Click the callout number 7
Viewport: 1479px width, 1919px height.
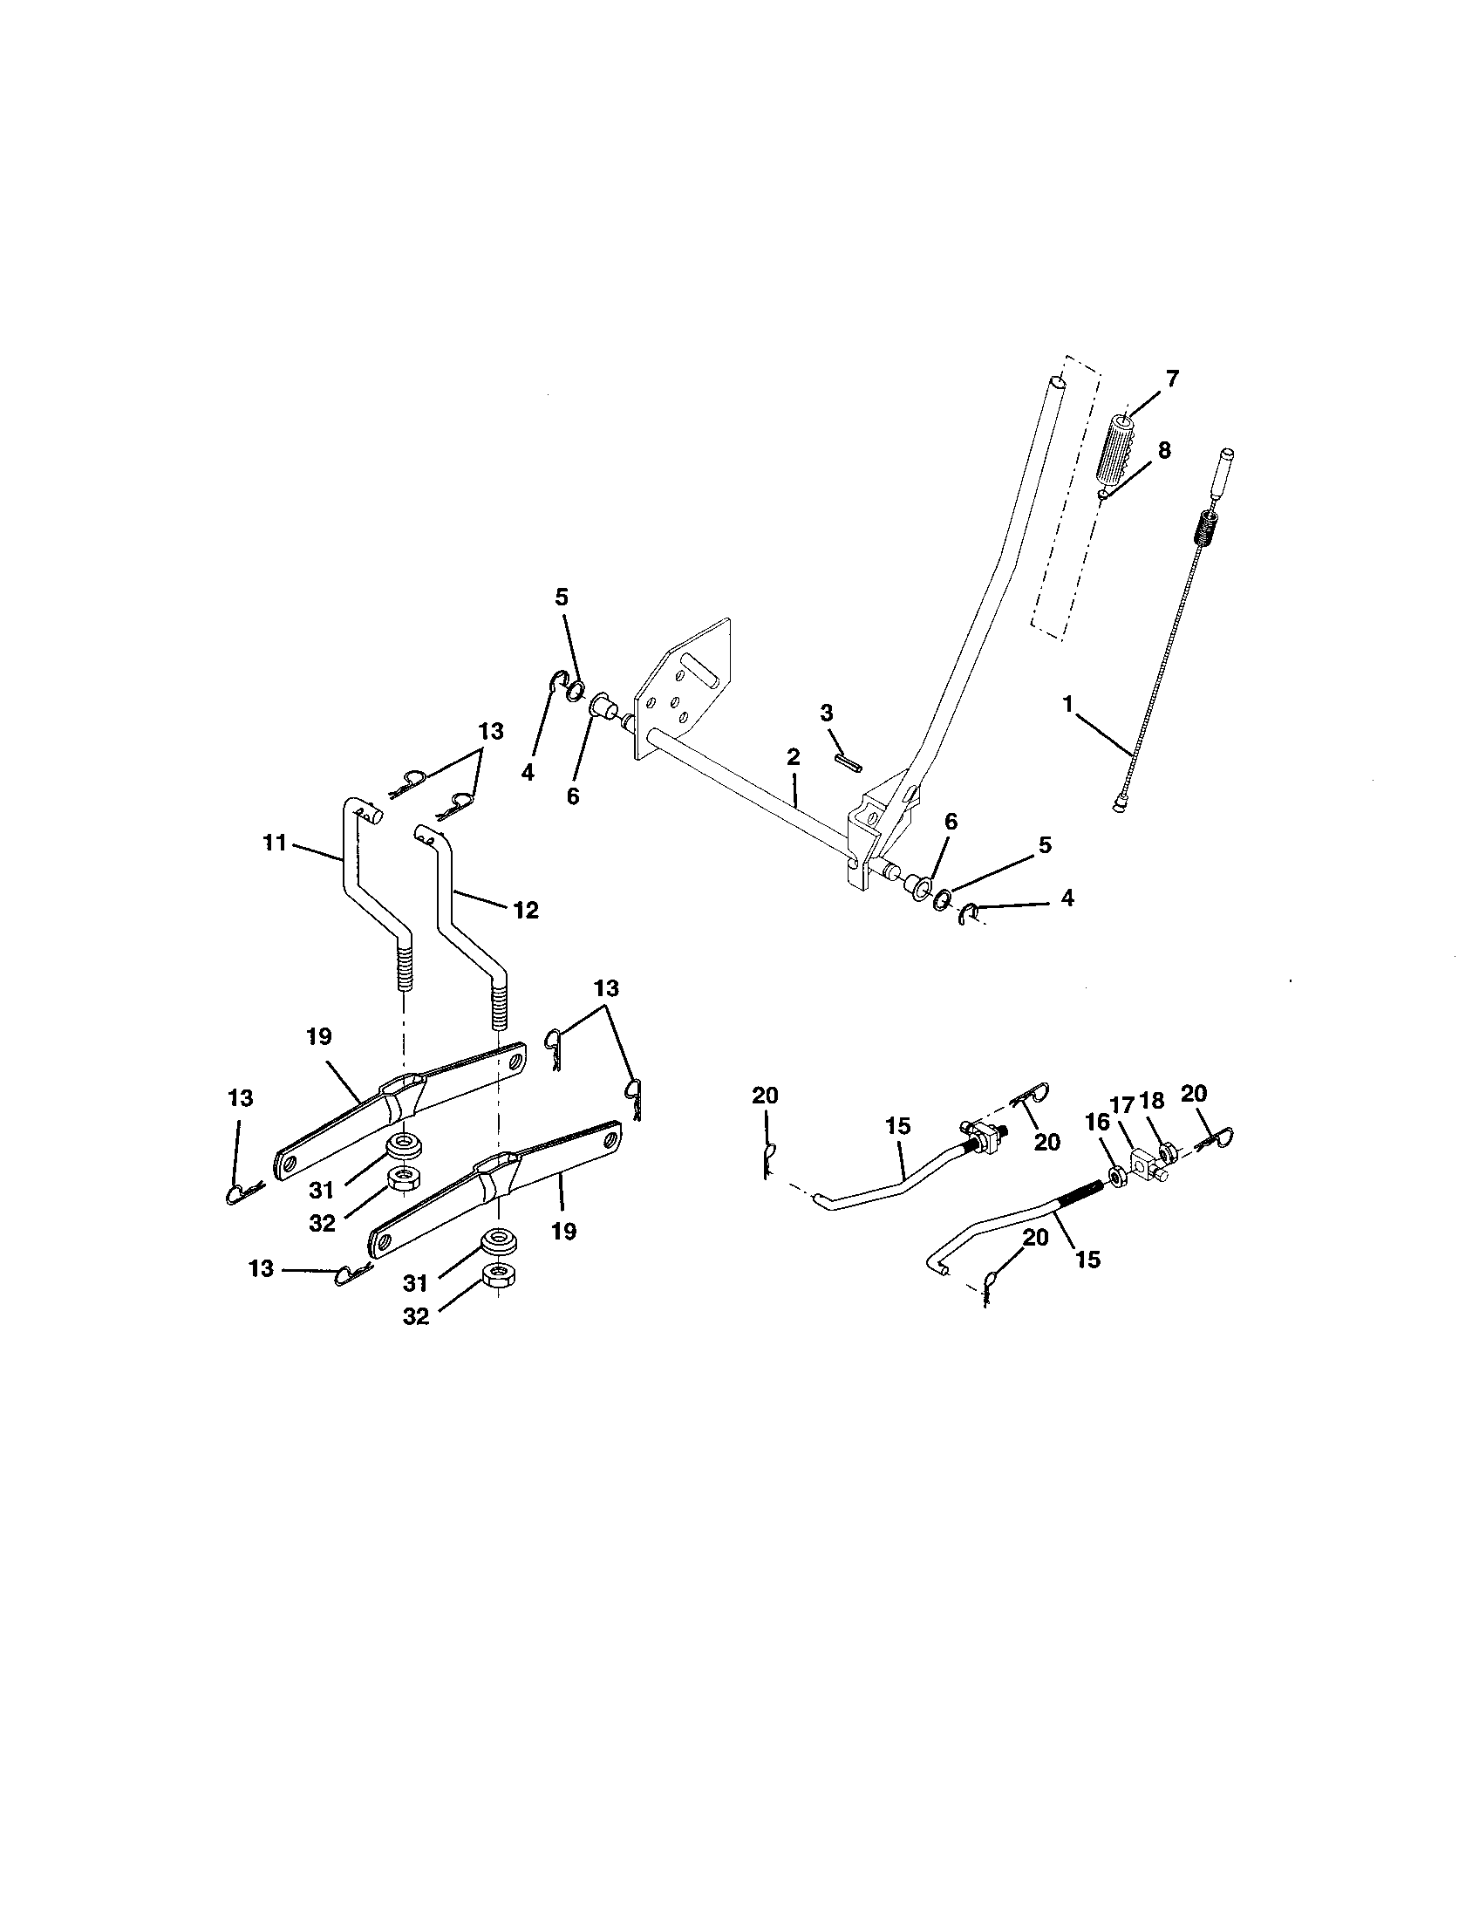pyautogui.click(x=1173, y=379)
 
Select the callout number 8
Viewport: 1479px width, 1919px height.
pyautogui.click(x=1163, y=451)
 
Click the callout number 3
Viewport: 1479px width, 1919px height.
pyautogui.click(x=827, y=713)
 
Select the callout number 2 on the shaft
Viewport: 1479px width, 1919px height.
pyautogui.click(x=793, y=756)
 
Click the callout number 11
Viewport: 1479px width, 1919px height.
pyautogui.click(x=276, y=843)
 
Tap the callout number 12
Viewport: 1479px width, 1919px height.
pyautogui.click(x=525, y=910)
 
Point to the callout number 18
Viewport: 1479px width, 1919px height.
pyautogui.click(x=1152, y=1102)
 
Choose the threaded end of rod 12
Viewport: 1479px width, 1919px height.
pyautogui.click(x=498, y=1004)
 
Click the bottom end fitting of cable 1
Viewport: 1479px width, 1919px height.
pyautogui.click(x=1118, y=804)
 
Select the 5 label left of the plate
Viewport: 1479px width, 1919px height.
pyautogui.click(x=562, y=598)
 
